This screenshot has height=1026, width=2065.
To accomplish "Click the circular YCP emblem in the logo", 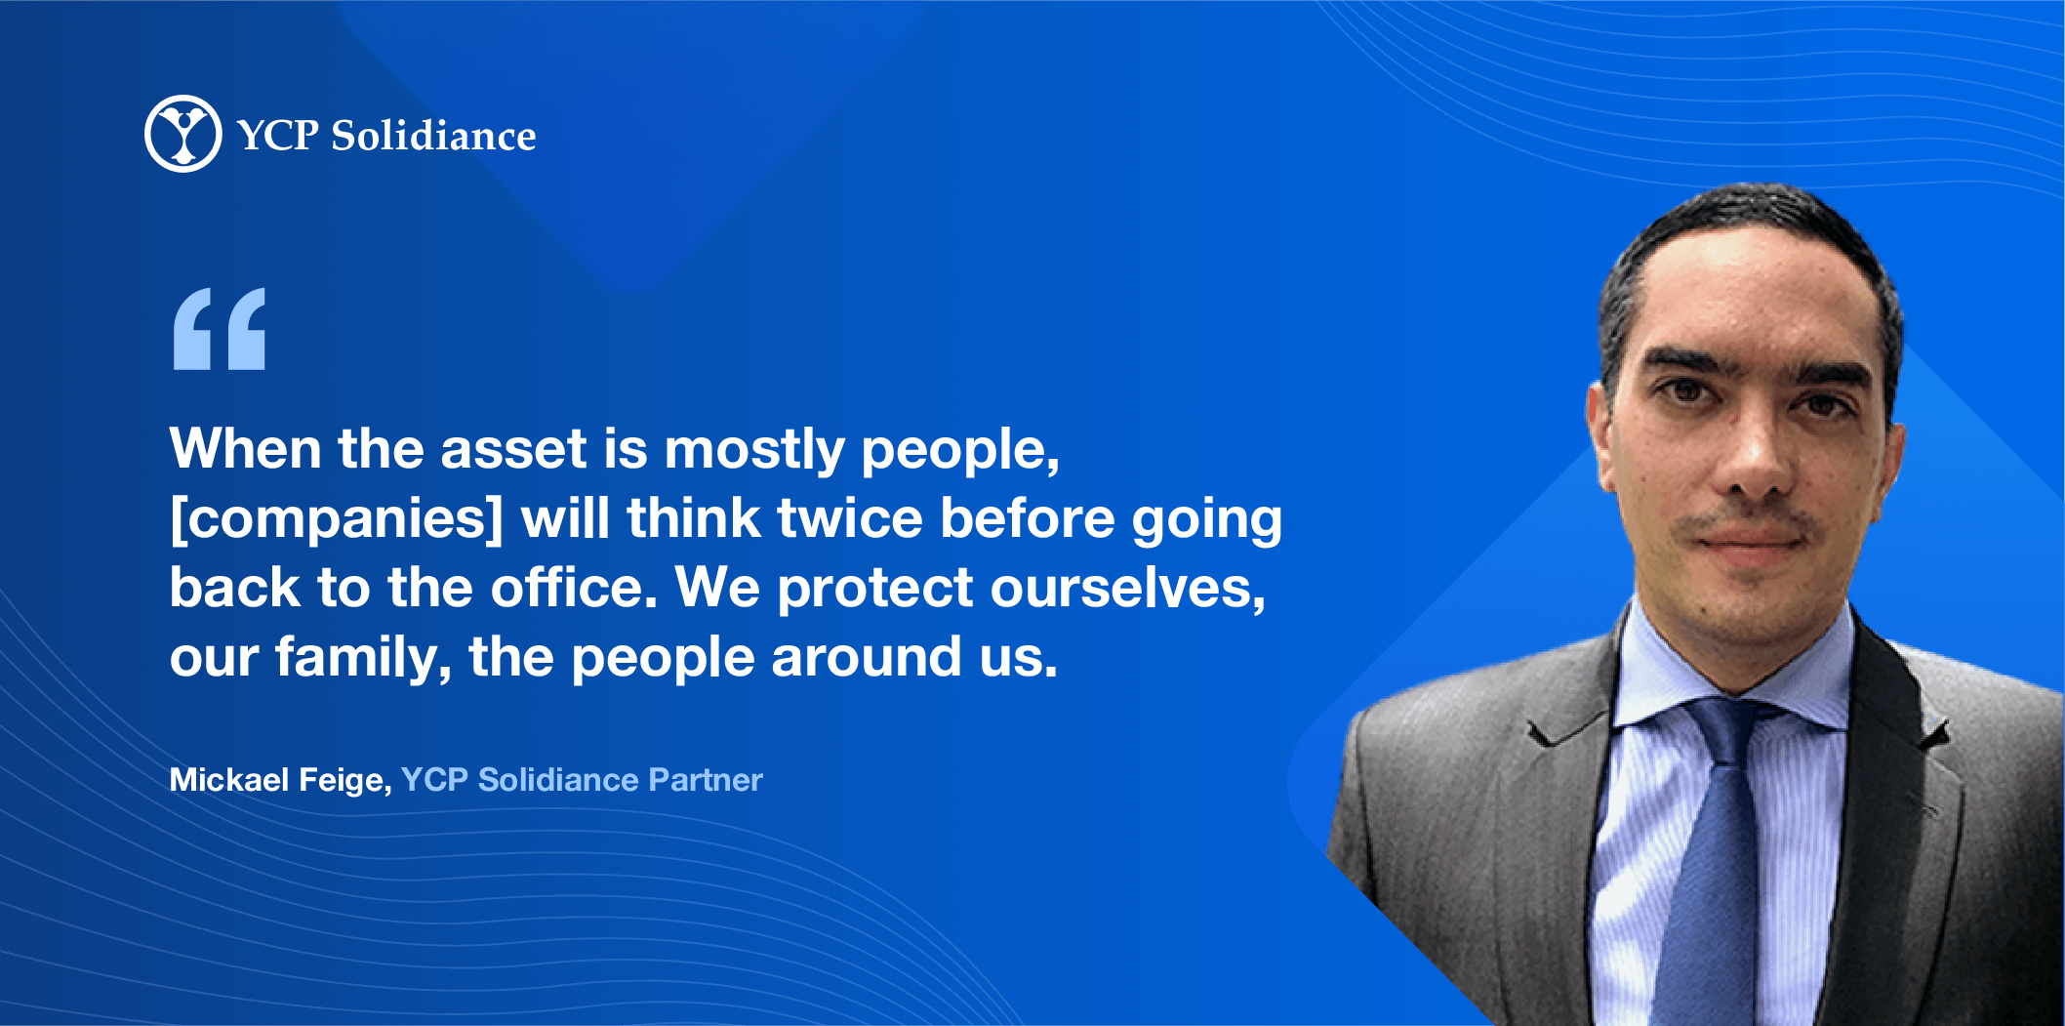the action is pos(183,134).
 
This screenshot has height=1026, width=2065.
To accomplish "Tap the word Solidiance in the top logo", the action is pos(433,136).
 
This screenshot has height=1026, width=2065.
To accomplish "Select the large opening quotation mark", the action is pos(220,329).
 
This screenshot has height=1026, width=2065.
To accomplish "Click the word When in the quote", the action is pos(245,449).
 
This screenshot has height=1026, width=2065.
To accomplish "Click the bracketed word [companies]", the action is pos(337,519).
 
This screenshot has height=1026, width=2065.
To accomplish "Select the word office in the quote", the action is pos(574,588).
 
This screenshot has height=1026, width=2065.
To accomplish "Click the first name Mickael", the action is pos(229,780).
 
